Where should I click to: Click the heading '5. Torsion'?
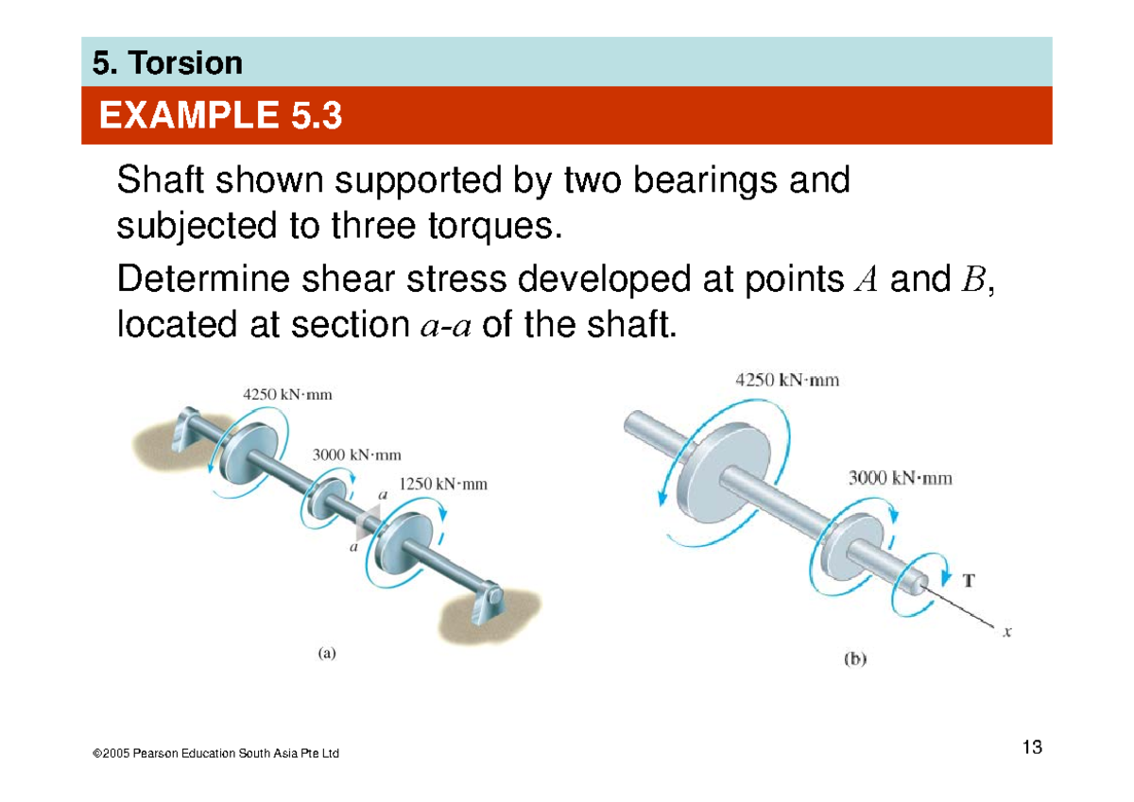pyautogui.click(x=167, y=63)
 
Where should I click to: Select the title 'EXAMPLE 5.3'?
pyautogui.click(x=220, y=117)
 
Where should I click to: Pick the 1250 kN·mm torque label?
pyautogui.click(x=442, y=485)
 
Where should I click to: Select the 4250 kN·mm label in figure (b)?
pyautogui.click(x=787, y=382)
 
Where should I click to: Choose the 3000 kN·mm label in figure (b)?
pyautogui.click(x=900, y=478)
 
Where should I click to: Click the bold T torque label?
pyautogui.click(x=969, y=581)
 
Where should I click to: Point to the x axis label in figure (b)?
pyautogui.click(x=1007, y=633)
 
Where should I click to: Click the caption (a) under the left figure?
pyautogui.click(x=325, y=652)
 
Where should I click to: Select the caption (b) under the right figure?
pyautogui.click(x=855, y=660)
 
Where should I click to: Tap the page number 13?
pyautogui.click(x=1032, y=748)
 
